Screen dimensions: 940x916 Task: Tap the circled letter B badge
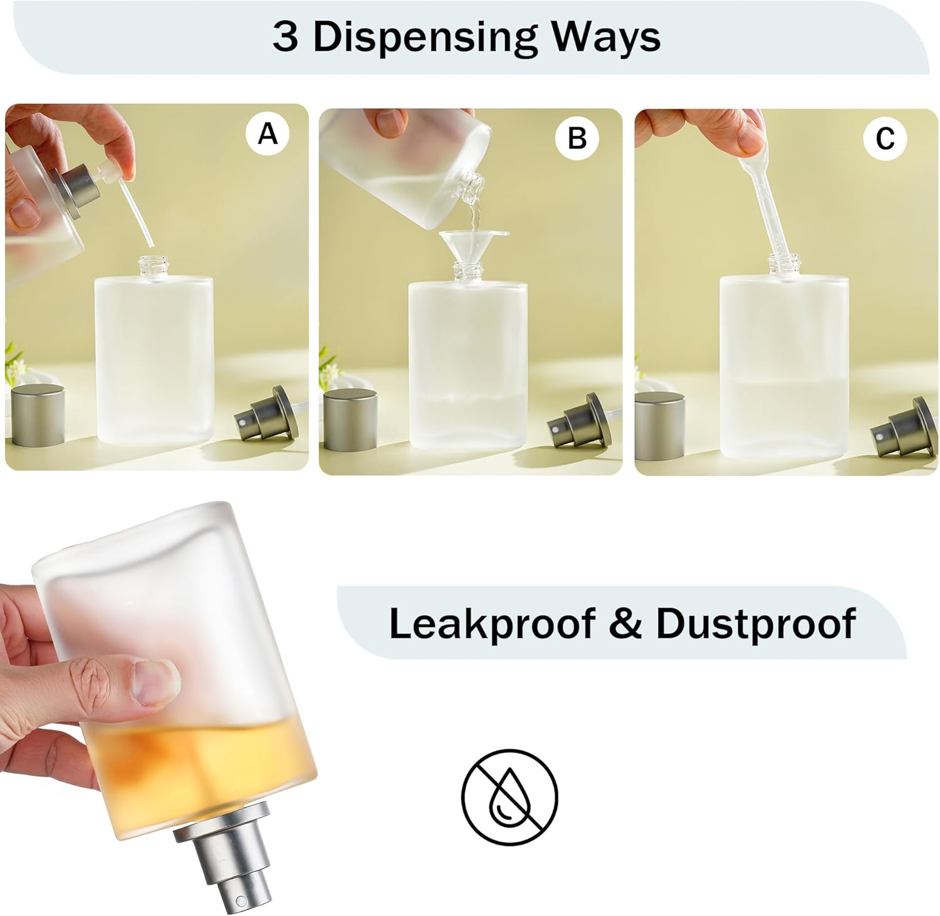[x=577, y=137]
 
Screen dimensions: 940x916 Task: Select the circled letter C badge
[x=885, y=138]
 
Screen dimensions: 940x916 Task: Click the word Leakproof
[x=492, y=623]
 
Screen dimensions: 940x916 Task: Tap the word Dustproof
[x=756, y=623]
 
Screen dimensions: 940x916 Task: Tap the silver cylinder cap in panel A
[x=39, y=415]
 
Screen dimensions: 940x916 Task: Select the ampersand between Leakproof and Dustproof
[x=625, y=623]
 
